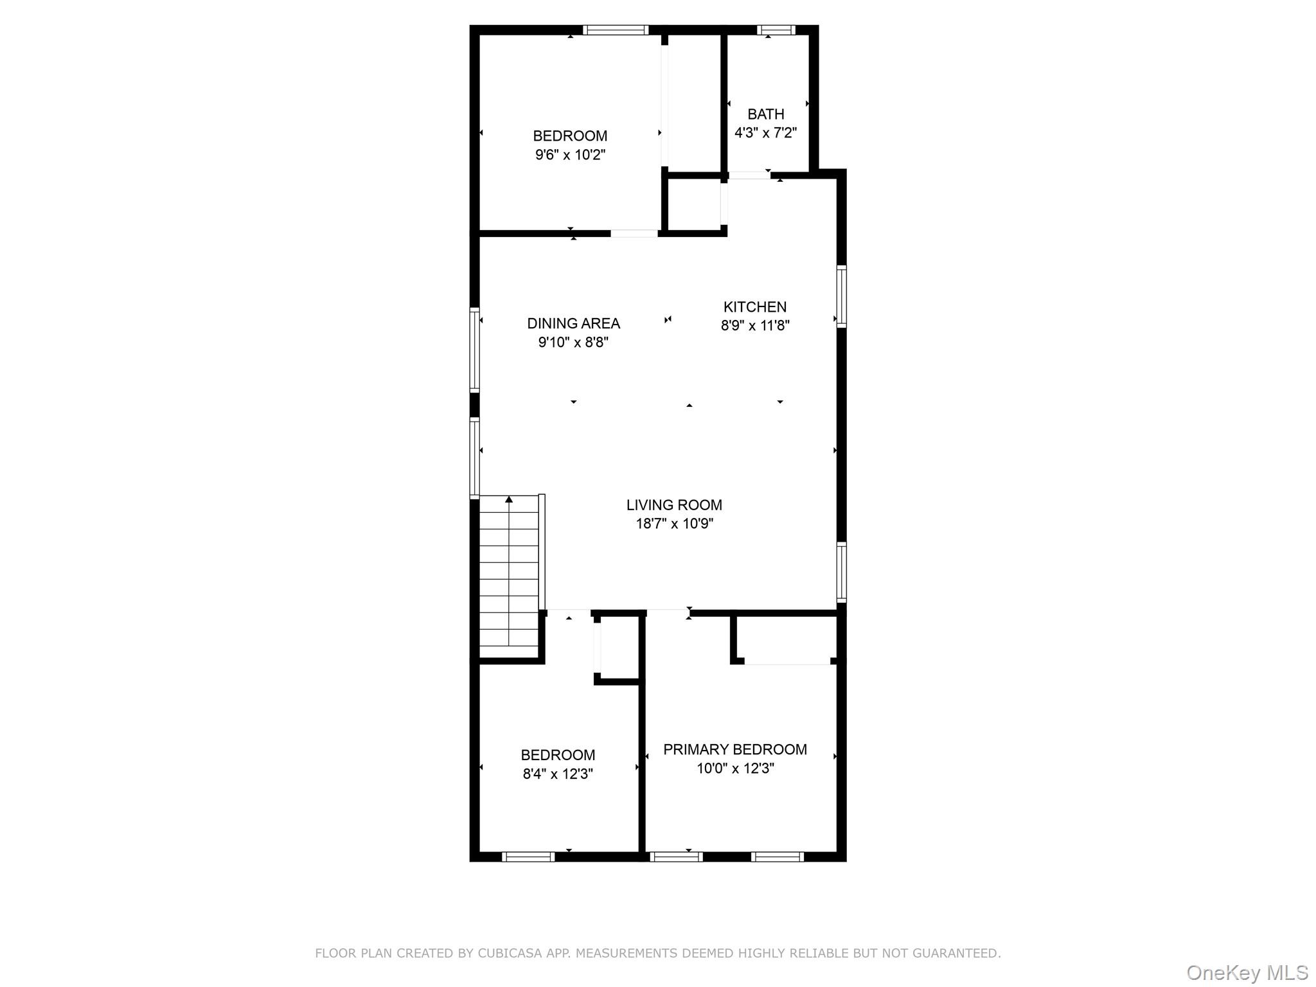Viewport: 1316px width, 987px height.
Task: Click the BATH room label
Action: click(765, 114)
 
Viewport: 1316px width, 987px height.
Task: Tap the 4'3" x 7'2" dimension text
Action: click(765, 133)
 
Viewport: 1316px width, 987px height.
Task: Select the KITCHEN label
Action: click(754, 307)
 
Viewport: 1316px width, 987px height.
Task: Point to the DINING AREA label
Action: click(573, 324)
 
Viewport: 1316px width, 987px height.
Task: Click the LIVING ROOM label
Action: click(674, 505)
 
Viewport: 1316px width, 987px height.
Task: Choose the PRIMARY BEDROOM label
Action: click(734, 749)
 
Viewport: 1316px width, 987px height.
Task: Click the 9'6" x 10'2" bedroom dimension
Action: click(570, 155)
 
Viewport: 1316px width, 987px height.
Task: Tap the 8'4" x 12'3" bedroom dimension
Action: click(557, 774)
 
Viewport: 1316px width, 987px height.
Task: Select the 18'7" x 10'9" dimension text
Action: click(674, 524)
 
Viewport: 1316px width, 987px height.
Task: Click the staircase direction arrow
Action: click(509, 499)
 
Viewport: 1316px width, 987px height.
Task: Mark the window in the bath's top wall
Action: click(776, 30)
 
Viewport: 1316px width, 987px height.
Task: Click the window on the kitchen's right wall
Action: click(841, 296)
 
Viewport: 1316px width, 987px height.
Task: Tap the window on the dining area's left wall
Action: click(475, 350)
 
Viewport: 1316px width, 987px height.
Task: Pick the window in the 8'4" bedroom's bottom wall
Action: click(528, 857)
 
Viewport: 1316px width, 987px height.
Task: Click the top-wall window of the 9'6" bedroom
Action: click(616, 30)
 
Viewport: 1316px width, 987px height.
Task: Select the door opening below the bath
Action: click(749, 175)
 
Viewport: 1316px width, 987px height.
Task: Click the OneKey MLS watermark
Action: click(1247, 972)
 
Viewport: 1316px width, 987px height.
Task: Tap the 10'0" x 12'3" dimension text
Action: click(734, 769)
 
